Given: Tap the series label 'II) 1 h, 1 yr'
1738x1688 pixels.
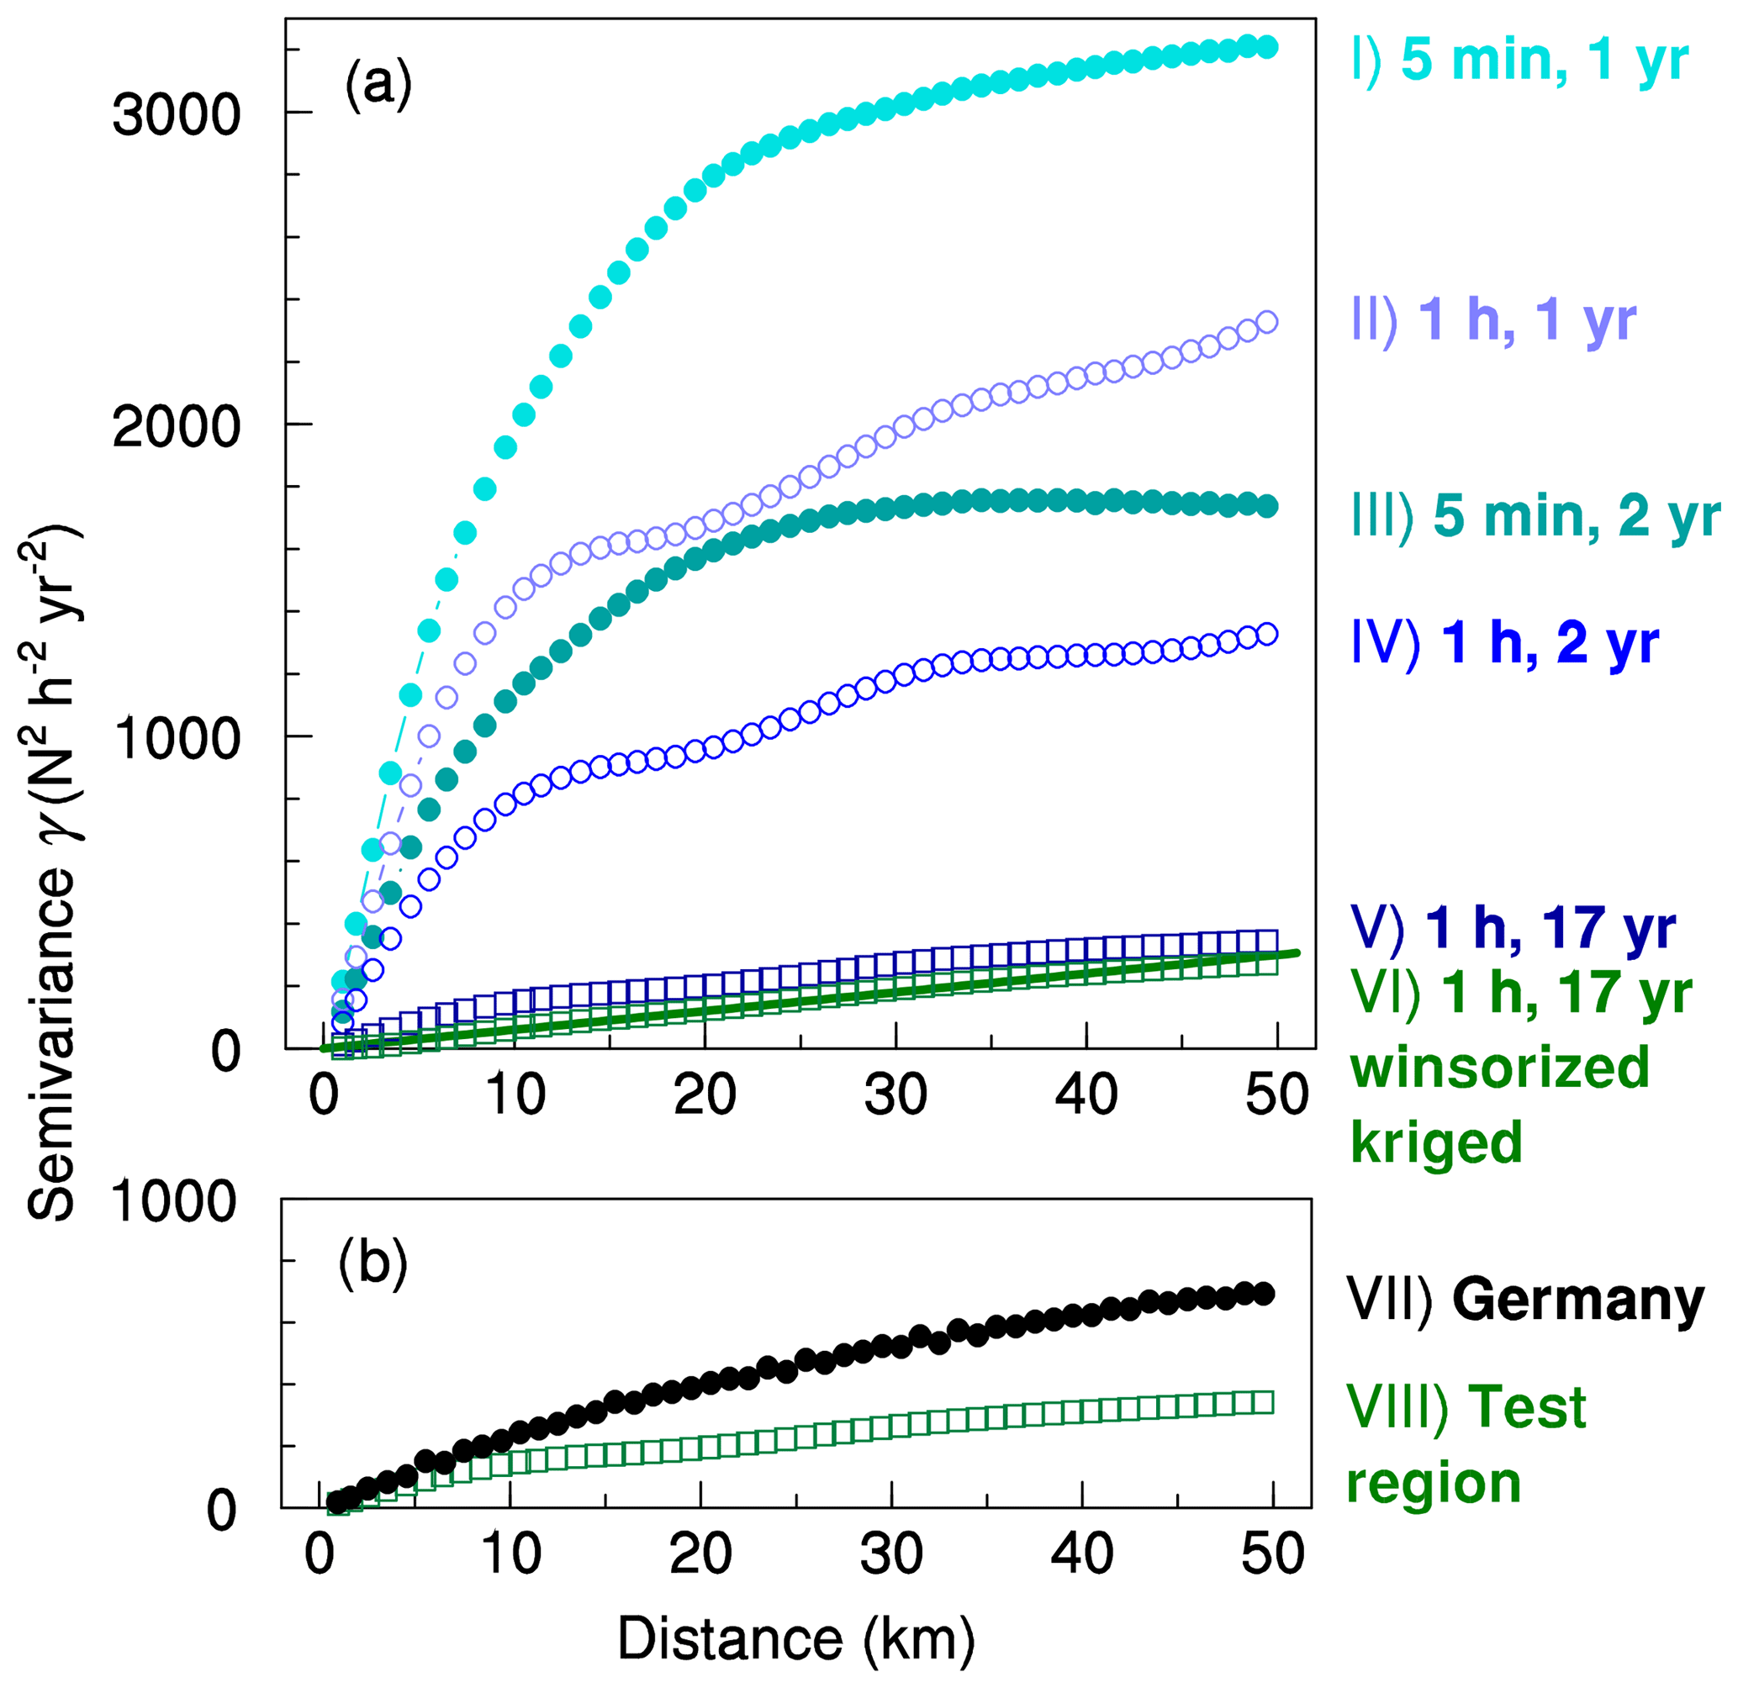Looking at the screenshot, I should click(1493, 321).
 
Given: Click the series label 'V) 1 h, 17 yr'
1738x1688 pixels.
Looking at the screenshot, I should click(1513, 929).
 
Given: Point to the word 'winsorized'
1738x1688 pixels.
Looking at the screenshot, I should click(1499, 1068).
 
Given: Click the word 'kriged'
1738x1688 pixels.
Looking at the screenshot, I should click(1436, 1142).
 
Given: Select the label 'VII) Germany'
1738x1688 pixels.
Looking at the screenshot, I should click(1525, 1301).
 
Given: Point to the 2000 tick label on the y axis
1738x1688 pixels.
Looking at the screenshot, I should click(177, 427).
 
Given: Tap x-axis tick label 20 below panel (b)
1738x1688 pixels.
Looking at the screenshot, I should click(700, 1554).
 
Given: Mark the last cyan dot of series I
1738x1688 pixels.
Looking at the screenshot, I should click(1267, 47).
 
